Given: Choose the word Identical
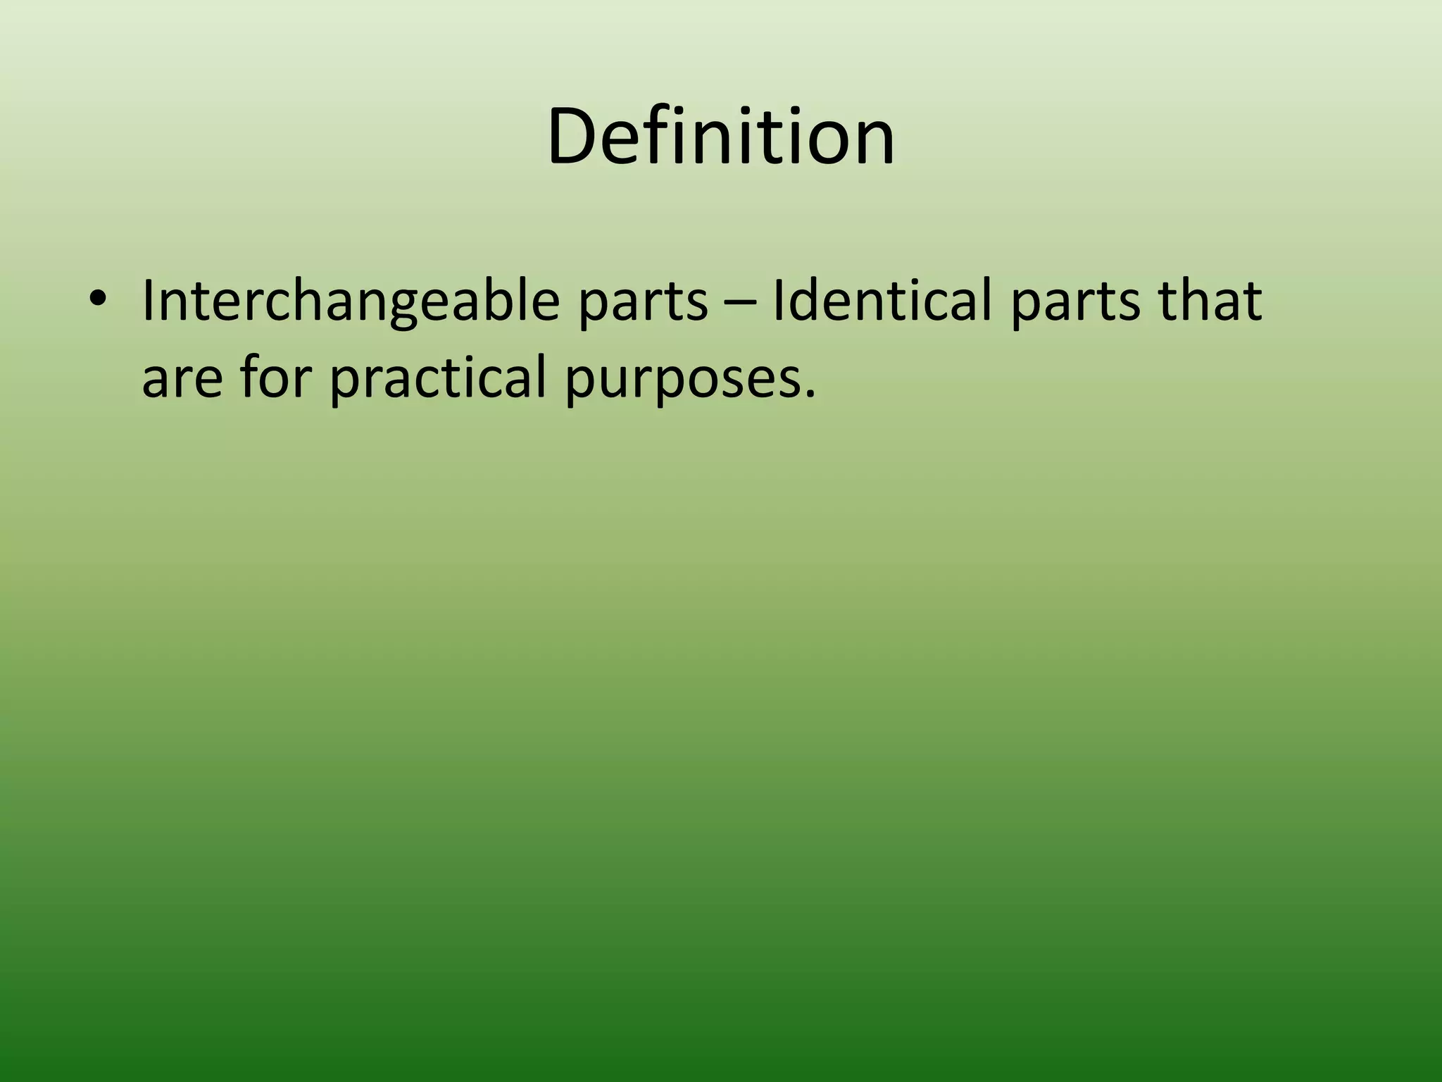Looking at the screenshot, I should pyautogui.click(x=884, y=300).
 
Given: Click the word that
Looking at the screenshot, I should pyautogui.click(x=1211, y=300).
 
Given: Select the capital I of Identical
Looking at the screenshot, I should pyautogui.click(x=777, y=300).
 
